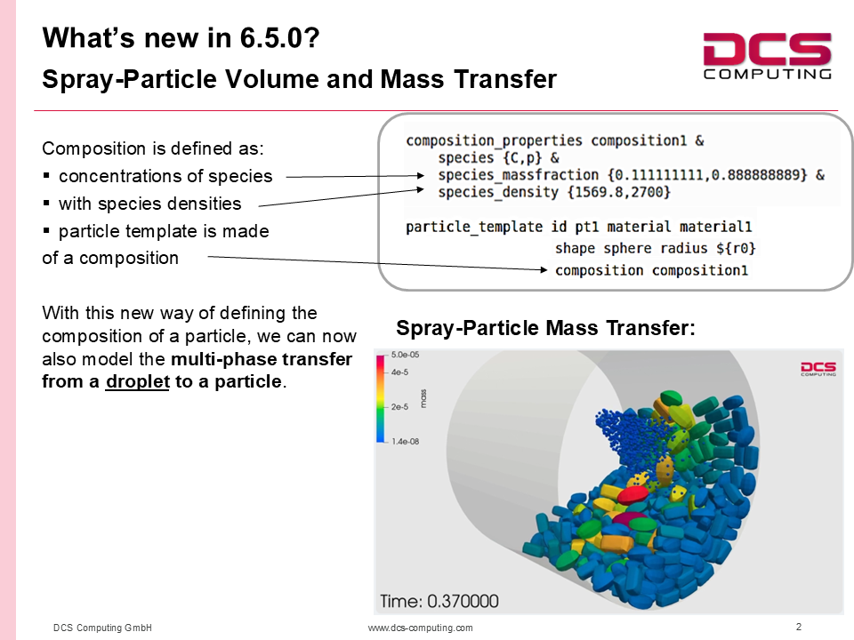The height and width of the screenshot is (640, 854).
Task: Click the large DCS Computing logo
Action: [x=767, y=56]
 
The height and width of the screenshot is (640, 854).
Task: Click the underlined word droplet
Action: [x=138, y=381]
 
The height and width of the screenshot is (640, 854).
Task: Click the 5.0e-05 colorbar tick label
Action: [x=406, y=355]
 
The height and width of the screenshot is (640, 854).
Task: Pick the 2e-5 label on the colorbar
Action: [x=399, y=406]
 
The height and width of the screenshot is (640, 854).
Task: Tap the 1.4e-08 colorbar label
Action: [x=406, y=442]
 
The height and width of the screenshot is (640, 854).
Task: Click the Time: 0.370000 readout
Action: [x=439, y=601]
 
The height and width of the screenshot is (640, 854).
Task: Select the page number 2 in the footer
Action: [x=799, y=627]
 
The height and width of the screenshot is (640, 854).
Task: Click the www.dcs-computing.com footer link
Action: [x=421, y=628]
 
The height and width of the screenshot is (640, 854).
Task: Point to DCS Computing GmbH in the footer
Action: [x=102, y=628]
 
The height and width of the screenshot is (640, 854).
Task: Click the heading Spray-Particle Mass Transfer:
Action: [x=545, y=328]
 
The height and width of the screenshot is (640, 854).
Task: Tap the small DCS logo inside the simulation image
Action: [x=818, y=368]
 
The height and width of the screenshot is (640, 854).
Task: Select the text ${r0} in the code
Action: [x=736, y=249]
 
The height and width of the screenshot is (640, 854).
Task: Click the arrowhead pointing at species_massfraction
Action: [x=420, y=175]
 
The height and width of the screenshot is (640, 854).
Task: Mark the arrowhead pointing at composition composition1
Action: [x=543, y=269]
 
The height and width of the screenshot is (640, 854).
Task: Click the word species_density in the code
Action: [x=498, y=192]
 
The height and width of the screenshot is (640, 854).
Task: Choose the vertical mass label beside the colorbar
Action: [x=423, y=399]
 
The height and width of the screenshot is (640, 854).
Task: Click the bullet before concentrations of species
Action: [x=46, y=176]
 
